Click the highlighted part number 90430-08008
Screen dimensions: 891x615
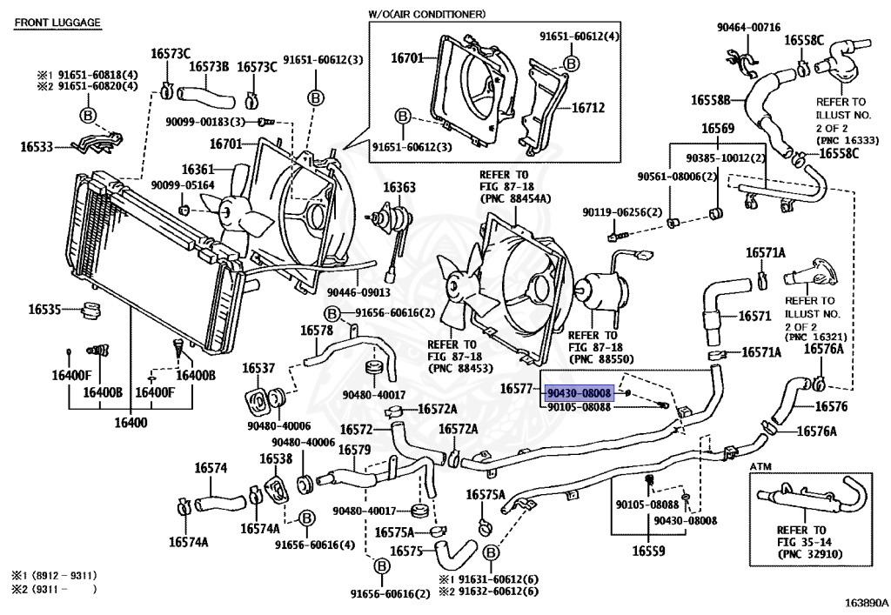coord(579,392)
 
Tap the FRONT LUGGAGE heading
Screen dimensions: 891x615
coord(57,23)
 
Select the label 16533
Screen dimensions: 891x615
coord(37,146)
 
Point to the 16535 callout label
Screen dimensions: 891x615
coord(44,310)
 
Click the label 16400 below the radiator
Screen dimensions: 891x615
coord(131,423)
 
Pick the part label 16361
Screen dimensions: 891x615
coord(198,170)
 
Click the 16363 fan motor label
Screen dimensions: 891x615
coord(399,187)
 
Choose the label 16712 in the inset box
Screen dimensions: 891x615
coord(588,107)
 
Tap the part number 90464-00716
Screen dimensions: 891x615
coord(748,27)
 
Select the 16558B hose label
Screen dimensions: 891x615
coord(710,100)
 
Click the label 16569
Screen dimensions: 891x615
coord(718,129)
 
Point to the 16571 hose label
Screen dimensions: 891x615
coord(754,317)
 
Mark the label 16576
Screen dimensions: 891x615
coord(831,406)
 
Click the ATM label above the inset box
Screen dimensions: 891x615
coord(760,467)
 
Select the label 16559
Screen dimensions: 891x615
coord(648,551)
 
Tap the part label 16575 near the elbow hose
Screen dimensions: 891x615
coord(407,551)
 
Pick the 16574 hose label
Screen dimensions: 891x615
coord(211,468)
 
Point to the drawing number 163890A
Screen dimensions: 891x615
coord(866,603)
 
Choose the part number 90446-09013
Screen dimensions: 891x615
coord(358,292)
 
